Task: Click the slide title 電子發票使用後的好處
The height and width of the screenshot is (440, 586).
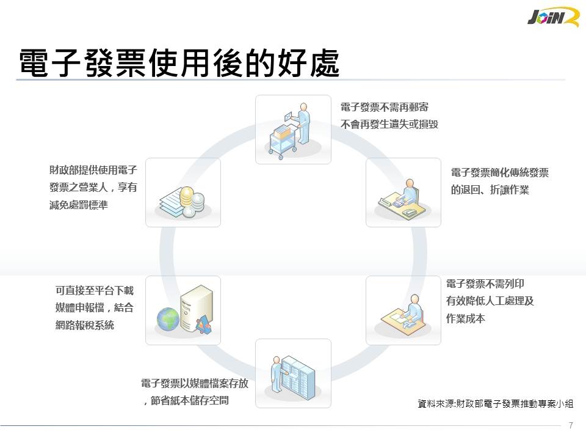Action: pos(179,64)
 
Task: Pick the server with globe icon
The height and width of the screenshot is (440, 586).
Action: pos(183,310)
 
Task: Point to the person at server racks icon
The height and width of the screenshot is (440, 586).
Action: pos(293,373)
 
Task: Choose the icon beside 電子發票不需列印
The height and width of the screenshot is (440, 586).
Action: pos(403,310)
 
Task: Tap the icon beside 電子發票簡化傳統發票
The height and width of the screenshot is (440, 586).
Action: pos(403,193)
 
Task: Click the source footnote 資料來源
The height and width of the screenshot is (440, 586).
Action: pos(496,404)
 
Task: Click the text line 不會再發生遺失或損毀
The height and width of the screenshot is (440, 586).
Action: pos(389,124)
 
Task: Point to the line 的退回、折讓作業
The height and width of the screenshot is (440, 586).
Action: pos(490,190)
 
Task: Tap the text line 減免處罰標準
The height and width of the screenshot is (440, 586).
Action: pos(78,205)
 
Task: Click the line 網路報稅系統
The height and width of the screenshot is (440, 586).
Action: pos(84,325)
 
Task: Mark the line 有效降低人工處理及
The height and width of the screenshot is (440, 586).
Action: pos(490,301)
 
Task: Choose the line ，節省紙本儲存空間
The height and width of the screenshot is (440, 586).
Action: pos(186,402)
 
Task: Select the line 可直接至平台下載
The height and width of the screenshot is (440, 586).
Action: pos(94,291)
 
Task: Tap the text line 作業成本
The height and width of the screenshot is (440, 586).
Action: pos(465,318)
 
